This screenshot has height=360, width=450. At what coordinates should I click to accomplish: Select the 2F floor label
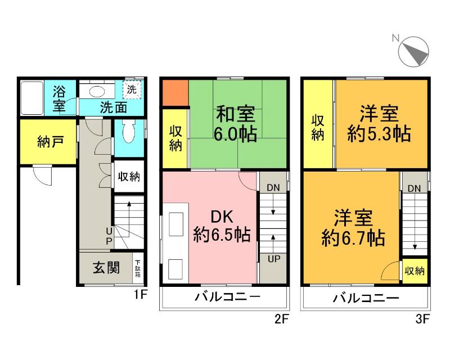point(281,320)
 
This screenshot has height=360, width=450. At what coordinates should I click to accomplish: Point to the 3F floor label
point(422,320)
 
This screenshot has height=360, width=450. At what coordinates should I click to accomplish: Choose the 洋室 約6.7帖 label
point(353,228)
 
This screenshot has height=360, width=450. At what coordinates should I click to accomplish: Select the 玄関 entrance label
point(105,268)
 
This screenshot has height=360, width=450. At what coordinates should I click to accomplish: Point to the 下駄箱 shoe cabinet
point(138,268)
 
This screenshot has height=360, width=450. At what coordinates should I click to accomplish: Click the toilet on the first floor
point(128,134)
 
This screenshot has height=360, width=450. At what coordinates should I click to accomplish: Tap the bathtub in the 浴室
point(33,97)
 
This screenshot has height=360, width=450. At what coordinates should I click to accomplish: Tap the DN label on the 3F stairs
point(414,188)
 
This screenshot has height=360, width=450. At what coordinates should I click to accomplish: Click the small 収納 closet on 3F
point(414,271)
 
